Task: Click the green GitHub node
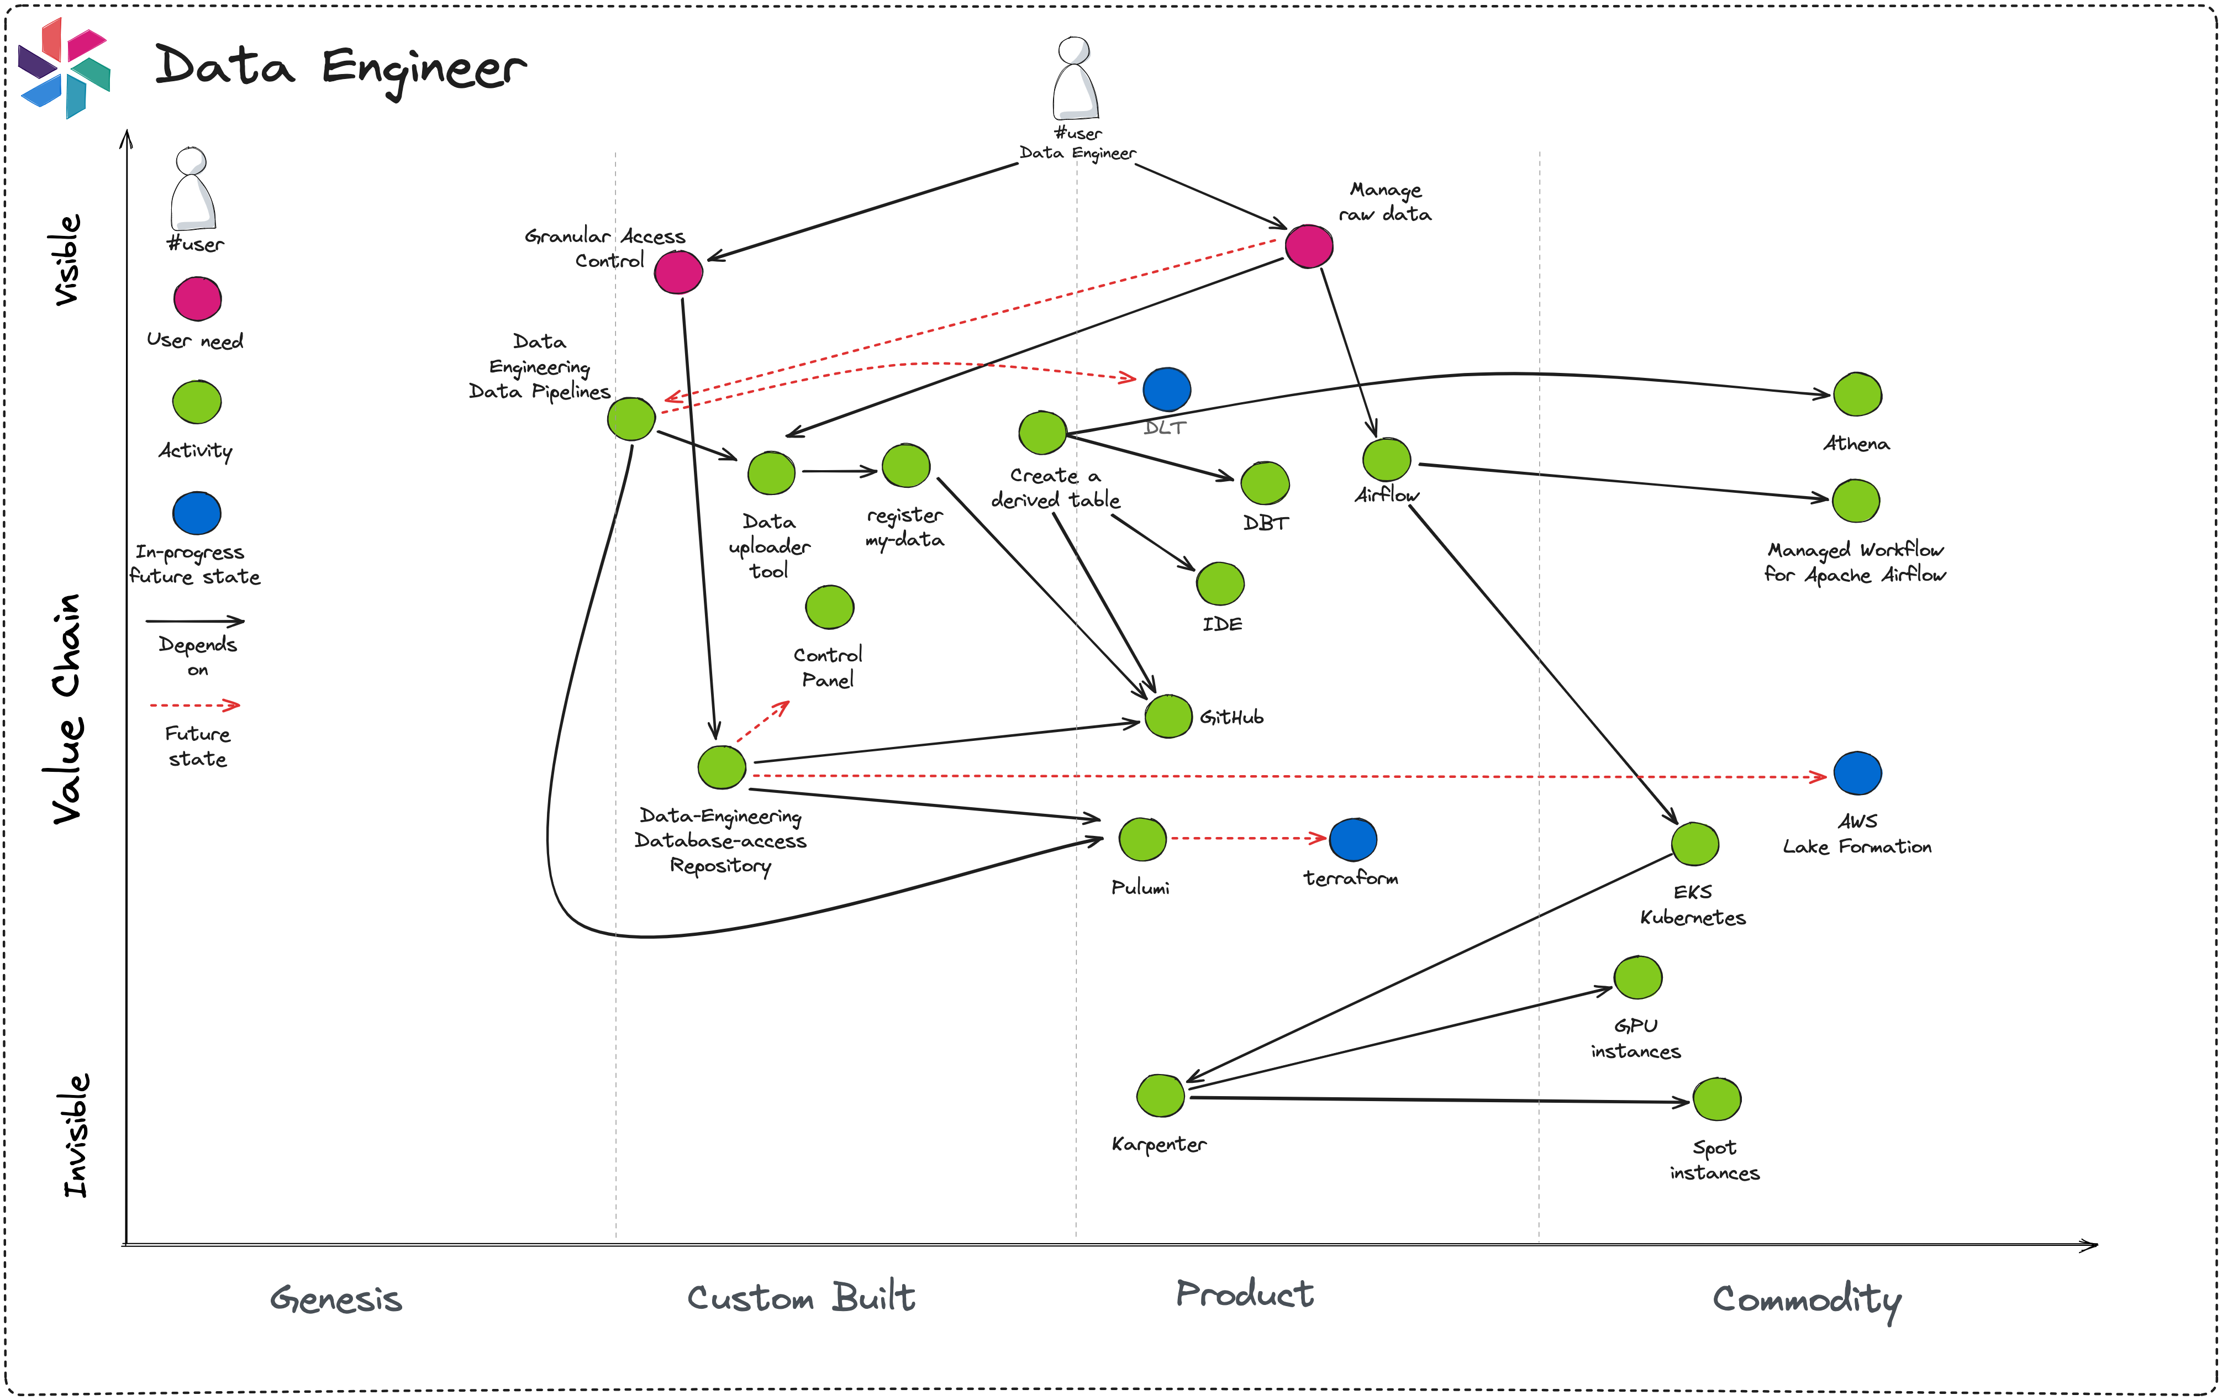pos(1168,716)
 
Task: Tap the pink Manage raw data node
pos(1308,246)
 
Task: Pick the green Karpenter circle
pos(1160,1096)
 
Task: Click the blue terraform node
pos(1353,839)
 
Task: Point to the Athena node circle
pos(1857,395)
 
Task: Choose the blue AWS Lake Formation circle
pos(1857,773)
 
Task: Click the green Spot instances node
pos(1716,1099)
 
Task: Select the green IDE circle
pos(1220,583)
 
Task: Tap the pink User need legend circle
pos(197,299)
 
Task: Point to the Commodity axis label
pos(1806,1299)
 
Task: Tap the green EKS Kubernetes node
pos(1694,844)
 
